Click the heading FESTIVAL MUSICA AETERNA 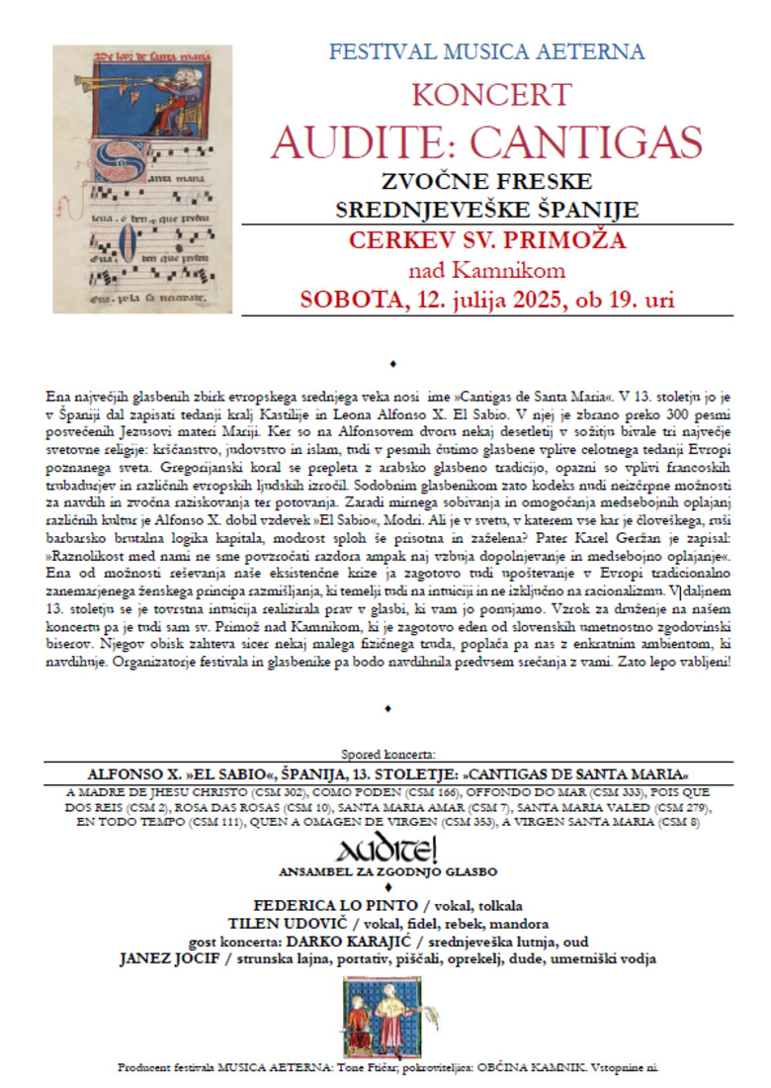click(x=487, y=51)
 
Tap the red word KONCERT click(x=490, y=95)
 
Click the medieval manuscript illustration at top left click(x=142, y=178)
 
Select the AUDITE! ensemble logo click(x=386, y=849)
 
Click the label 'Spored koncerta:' click(x=386, y=754)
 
